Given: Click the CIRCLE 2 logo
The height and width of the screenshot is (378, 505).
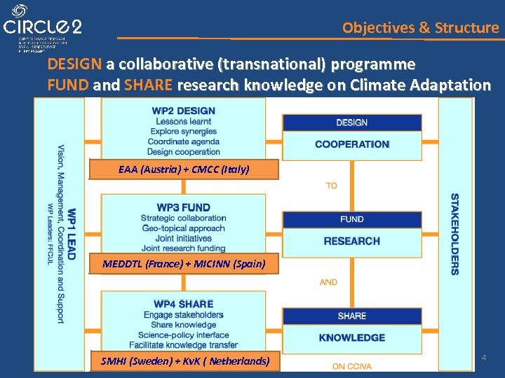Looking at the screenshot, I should (43, 27).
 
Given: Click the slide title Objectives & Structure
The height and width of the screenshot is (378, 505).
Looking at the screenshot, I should (420, 28).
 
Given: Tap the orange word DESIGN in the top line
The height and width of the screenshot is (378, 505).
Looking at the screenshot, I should (74, 65).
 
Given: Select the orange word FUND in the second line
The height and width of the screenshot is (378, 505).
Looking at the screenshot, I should (68, 86).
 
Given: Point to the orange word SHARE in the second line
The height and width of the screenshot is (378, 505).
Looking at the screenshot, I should (149, 86).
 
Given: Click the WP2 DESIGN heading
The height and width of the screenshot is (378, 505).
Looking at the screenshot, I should (183, 111).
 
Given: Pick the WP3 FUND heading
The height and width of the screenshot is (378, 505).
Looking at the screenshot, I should (183, 207).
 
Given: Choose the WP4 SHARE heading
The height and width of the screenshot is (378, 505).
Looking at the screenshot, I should (183, 304).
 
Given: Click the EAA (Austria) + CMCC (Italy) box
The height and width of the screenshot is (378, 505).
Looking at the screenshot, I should (184, 169).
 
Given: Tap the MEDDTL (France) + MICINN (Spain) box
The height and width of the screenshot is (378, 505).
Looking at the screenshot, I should (184, 264).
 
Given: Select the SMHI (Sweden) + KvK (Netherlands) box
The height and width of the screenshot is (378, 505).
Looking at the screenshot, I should (185, 361).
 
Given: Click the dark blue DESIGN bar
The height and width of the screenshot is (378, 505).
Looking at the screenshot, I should (351, 122).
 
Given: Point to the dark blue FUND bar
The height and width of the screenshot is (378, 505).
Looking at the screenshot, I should (351, 219).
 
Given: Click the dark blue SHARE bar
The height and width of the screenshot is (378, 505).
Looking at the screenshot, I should (351, 316).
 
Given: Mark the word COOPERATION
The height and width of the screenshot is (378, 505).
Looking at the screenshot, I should (351, 144).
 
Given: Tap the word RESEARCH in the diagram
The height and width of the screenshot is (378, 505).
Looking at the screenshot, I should (351, 241).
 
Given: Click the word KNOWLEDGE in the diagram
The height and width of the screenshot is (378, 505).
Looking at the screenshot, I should (351, 337).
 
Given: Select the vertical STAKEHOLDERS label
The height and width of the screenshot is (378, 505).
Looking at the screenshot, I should (454, 234).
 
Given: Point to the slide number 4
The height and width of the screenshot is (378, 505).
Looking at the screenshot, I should (484, 358).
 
